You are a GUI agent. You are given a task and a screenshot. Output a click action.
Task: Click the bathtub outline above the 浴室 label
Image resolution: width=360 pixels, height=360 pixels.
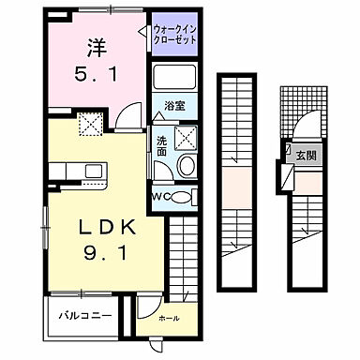[x=175, y=78]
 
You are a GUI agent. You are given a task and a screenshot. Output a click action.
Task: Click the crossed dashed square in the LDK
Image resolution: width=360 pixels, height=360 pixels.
[x=92, y=122]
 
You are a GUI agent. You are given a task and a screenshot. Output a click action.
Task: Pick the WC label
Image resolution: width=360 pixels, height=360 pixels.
[x=160, y=195]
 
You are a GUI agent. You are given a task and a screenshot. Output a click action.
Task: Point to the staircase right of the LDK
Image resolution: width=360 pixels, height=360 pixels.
[x=185, y=253]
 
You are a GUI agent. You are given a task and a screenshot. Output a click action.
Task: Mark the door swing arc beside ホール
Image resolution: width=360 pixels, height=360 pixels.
[x=146, y=303]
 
